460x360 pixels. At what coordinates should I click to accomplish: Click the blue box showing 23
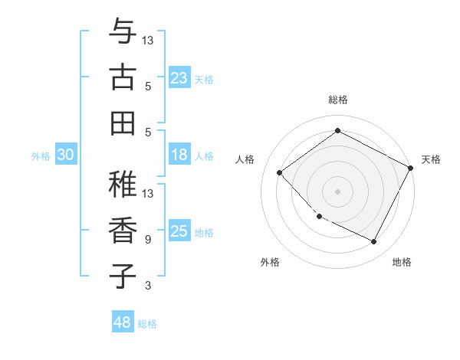pyautogui.click(x=179, y=78)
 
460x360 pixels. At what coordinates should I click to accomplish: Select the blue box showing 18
pyautogui.click(x=179, y=155)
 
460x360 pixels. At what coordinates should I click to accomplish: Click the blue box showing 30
pyautogui.click(x=65, y=155)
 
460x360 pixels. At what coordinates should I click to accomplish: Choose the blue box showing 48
pyautogui.click(x=123, y=323)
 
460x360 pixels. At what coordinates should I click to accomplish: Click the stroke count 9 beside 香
pyautogui.click(x=147, y=240)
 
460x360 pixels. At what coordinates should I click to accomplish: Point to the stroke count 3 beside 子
pyautogui.click(x=147, y=286)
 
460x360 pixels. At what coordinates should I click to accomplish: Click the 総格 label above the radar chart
pyautogui.click(x=337, y=100)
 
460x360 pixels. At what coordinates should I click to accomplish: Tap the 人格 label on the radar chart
pyautogui.click(x=245, y=159)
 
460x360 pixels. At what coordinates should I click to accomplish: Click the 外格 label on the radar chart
pyautogui.click(x=270, y=262)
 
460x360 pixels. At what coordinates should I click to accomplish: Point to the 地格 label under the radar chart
pyautogui.click(x=402, y=262)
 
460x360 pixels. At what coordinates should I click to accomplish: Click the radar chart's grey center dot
pyautogui.click(x=337, y=191)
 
